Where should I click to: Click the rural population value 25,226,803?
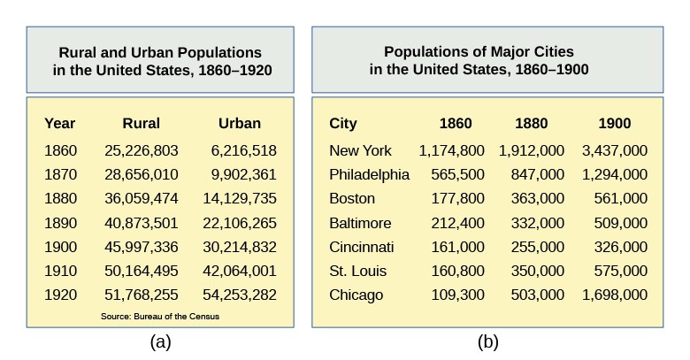click(x=141, y=150)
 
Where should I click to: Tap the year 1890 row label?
click(x=60, y=223)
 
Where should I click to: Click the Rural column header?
click(x=141, y=124)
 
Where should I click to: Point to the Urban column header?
click(x=239, y=124)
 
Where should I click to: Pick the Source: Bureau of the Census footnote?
click(x=160, y=316)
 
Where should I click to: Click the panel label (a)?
click(x=160, y=342)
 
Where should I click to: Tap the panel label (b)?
click(x=487, y=342)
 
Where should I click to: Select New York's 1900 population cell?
click(x=614, y=150)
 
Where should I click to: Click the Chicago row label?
click(x=356, y=295)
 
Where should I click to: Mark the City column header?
click(x=342, y=124)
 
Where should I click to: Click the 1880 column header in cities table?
click(x=531, y=124)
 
